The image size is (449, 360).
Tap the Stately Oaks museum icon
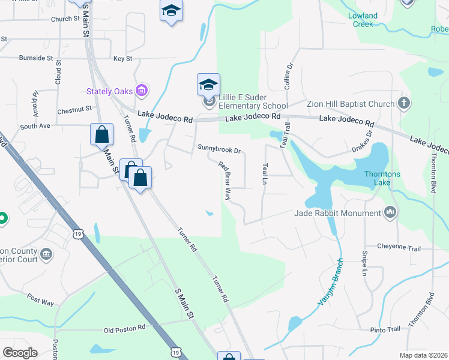[142, 91]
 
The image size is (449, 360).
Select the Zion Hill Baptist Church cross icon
[405, 103]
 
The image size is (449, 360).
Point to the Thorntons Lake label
[387, 178]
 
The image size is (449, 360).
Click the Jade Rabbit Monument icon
[390, 212]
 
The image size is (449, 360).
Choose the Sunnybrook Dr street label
[219, 149]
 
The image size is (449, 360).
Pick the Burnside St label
[36, 58]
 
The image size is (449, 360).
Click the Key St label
[122, 59]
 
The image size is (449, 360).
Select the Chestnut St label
[74, 110]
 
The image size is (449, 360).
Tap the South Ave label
[35, 127]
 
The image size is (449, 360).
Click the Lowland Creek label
[363, 20]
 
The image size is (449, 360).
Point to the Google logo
[20, 352]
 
